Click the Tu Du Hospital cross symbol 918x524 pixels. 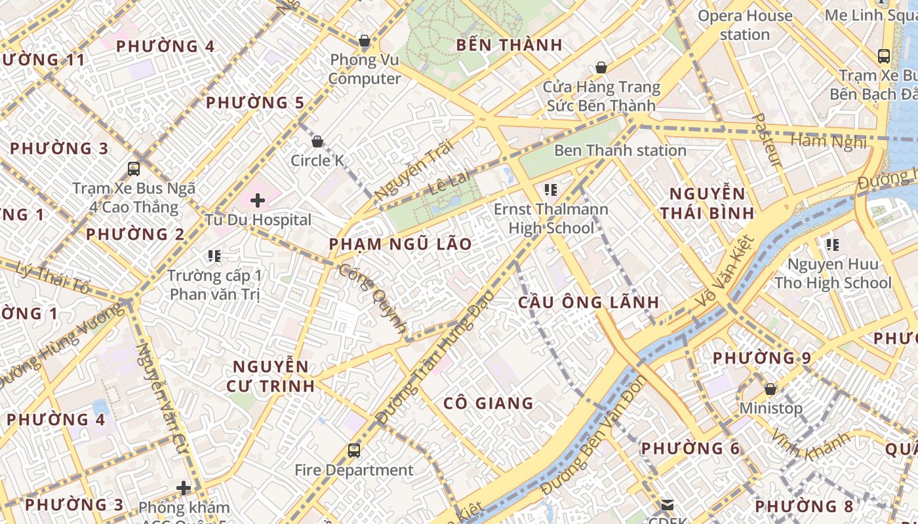coord(258,200)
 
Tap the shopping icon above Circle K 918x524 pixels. coord(317,141)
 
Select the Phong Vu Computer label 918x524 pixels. coord(365,69)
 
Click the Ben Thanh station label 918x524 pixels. coord(620,151)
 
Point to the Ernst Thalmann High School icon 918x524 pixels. coord(551,190)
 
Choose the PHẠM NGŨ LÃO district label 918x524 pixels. coord(400,244)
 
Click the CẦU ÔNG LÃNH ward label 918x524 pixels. coord(588,302)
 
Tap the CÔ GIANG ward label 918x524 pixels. coord(489,403)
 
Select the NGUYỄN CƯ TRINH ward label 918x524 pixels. coord(271,376)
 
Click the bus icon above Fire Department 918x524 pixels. coord(354,450)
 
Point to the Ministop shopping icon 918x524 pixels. coord(770,389)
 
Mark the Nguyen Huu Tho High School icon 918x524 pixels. coord(833,245)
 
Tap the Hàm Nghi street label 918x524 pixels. coord(829,141)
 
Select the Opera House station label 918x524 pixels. coord(745,25)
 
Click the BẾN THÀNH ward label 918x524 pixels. coord(509,45)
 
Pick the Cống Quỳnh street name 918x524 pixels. coord(373,298)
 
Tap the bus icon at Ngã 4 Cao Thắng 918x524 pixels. coord(134,168)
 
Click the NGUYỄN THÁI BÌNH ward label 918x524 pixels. coord(707,203)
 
